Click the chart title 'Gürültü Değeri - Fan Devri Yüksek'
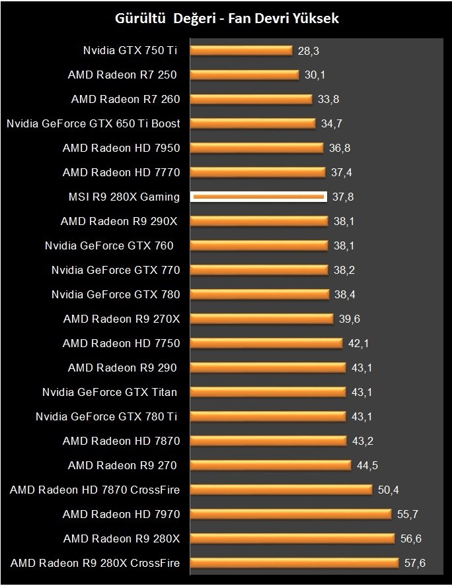[x=227, y=18]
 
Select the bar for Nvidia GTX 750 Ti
[x=241, y=50]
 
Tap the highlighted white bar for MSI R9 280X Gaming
[x=258, y=197]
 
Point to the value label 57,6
[x=414, y=563]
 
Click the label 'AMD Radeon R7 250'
[x=123, y=75]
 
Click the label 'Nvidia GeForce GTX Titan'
[x=110, y=392]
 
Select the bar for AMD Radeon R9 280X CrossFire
[x=295, y=563]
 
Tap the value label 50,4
[x=388, y=490]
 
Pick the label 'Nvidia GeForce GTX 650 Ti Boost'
[x=93, y=123]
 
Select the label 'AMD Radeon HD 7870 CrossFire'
[x=95, y=490]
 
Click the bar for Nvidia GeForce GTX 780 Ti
[x=268, y=416]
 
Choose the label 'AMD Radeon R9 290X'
[x=120, y=221]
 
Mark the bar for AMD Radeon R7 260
[x=251, y=99]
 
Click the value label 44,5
[x=367, y=465]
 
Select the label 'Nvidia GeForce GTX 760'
[x=110, y=245]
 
